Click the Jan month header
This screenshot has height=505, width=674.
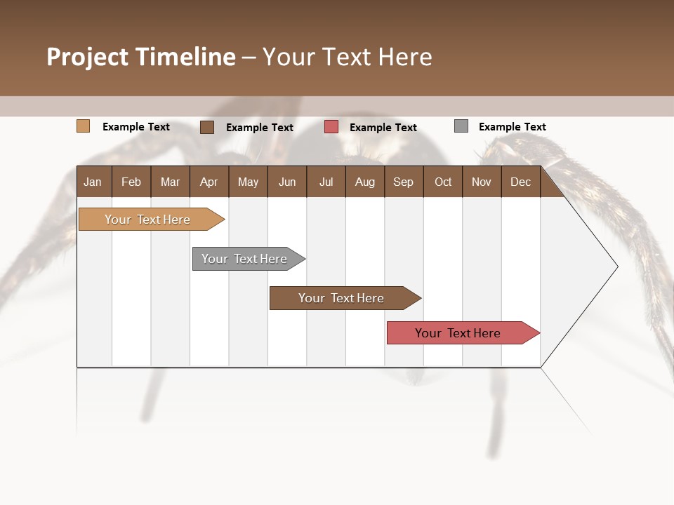[93, 182]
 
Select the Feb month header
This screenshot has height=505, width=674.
[131, 182]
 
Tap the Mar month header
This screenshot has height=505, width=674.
[170, 182]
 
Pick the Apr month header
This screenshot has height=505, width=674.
[209, 182]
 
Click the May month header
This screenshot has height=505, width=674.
[248, 182]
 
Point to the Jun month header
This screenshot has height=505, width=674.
[287, 182]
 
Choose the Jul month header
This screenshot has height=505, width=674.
[326, 182]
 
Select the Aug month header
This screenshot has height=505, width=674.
[364, 182]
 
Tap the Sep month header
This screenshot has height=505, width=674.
[403, 182]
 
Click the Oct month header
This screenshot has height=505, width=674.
[443, 182]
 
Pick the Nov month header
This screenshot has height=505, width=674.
[481, 182]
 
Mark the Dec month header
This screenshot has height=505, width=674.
[520, 182]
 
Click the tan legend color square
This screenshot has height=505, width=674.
[83, 126]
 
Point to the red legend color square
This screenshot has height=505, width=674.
[331, 126]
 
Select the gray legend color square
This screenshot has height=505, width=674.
[461, 126]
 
